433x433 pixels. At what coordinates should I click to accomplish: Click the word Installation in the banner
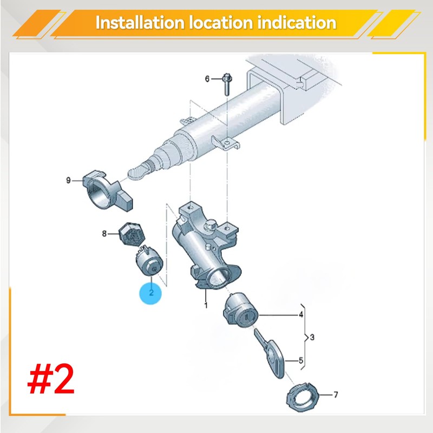click(x=140, y=22)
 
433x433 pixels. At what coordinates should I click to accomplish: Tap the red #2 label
click(x=51, y=379)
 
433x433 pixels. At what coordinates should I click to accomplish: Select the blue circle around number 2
click(x=151, y=293)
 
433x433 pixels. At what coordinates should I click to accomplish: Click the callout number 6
click(x=207, y=79)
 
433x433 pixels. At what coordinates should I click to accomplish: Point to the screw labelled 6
click(x=227, y=84)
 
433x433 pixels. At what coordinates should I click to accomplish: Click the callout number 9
click(x=69, y=180)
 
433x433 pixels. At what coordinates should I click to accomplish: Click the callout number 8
click(x=104, y=234)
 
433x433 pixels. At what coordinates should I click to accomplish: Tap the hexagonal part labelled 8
click(x=132, y=234)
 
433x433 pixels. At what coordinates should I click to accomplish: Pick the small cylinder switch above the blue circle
click(x=149, y=261)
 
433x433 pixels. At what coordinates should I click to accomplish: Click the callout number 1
click(x=206, y=305)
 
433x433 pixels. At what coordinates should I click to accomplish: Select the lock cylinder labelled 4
click(x=240, y=311)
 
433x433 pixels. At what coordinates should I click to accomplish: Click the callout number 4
click(x=301, y=314)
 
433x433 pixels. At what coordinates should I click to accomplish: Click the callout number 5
click(x=301, y=360)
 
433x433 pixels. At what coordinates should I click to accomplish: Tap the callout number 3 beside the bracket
click(x=312, y=337)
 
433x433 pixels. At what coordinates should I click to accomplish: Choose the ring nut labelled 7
click(x=303, y=397)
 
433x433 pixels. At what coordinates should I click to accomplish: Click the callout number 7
click(x=336, y=395)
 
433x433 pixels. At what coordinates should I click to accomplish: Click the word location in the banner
click(x=221, y=22)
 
